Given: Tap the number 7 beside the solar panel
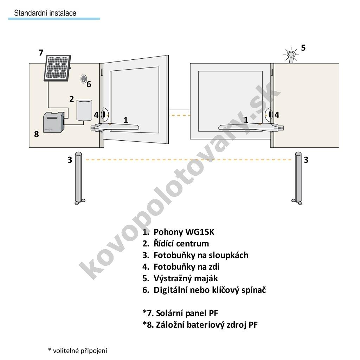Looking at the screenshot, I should coord(41,53).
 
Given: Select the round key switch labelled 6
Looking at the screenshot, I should coord(83,79).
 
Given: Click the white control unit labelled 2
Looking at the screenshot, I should coord(83,110).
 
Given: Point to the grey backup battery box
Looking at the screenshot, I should coord(53,122).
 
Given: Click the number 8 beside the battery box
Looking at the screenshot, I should coord(37,134).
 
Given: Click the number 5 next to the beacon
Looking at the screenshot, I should coord(303,48).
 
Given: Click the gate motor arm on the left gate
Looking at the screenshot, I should coord(118,127).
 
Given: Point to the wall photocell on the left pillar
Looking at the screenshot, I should coord(104,114).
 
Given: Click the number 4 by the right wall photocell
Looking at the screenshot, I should coord(277,115).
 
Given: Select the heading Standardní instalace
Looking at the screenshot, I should coord(45,13).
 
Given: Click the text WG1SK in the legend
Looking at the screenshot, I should coord(199,232).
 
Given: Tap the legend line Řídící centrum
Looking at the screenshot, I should coord(181,244).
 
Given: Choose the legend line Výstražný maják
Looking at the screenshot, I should coord(185,278).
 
